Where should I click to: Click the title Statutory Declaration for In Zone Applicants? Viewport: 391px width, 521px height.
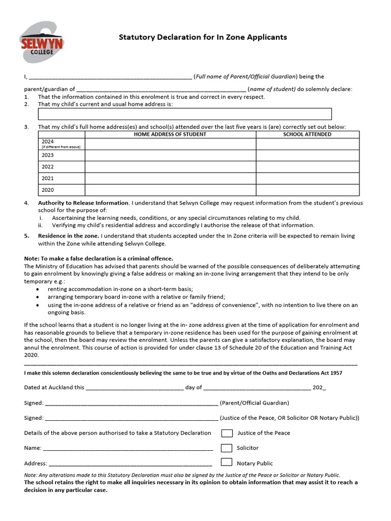tap(203, 37)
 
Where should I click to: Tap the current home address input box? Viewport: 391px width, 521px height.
tap(185, 114)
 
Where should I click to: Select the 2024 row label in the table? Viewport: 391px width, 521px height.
tap(48, 141)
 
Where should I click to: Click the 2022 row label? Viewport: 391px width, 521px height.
tap(48, 166)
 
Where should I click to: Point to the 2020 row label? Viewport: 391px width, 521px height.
tap(48, 190)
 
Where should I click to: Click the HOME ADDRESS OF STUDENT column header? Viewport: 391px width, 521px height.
tap(170, 134)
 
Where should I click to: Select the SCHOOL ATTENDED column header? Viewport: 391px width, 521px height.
tap(307, 134)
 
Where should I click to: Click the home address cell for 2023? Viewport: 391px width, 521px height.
tap(170, 155)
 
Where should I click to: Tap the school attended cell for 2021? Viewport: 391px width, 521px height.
tap(308, 178)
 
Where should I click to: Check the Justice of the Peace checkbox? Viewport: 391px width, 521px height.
tap(227, 433)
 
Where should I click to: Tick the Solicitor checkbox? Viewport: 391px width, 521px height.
tap(227, 448)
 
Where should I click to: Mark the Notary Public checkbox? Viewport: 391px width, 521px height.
tap(227, 463)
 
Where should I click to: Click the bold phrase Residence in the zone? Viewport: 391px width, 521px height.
tap(68, 236)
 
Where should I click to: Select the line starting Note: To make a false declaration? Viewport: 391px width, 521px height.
tap(99, 258)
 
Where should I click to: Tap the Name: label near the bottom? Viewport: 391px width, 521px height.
tap(33, 448)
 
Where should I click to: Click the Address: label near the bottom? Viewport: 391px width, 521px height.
tap(35, 464)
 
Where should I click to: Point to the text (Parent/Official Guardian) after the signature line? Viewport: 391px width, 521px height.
tap(255, 403)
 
